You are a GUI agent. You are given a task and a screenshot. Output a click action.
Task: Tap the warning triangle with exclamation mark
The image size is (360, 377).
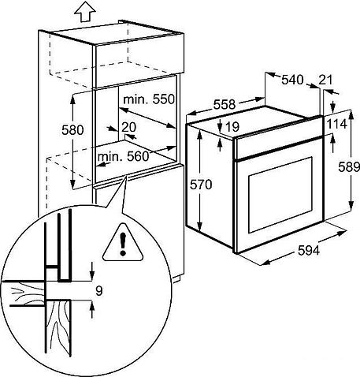(123, 244)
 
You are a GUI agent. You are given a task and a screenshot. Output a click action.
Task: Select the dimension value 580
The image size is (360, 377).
(72, 130)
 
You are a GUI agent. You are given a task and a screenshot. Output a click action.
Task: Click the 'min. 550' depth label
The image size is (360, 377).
(149, 99)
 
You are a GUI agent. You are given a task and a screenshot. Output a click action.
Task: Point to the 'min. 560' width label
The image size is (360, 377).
(123, 156)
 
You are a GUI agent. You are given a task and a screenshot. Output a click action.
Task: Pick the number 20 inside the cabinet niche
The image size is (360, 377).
(129, 127)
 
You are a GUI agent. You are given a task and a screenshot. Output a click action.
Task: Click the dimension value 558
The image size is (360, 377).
(225, 104)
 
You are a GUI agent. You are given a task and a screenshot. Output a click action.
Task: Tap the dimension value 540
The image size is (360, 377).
(292, 80)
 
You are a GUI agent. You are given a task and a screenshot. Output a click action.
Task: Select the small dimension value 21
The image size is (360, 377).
(325, 80)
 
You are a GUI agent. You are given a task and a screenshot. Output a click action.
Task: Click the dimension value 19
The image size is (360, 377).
(232, 127)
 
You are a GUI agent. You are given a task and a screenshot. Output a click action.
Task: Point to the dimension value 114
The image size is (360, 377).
(337, 124)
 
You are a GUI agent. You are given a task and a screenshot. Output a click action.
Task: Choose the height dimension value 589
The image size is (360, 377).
(349, 166)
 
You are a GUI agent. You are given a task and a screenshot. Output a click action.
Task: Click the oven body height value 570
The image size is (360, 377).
(201, 185)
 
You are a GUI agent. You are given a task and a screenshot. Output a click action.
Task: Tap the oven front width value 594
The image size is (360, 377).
(309, 251)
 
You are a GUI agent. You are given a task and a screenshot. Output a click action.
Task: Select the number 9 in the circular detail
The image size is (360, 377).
(99, 291)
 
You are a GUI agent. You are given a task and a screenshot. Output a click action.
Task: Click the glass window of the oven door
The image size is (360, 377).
(280, 195)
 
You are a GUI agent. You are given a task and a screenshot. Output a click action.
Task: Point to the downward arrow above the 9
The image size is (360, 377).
(92, 271)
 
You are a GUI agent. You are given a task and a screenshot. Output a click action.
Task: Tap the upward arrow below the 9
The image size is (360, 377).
(92, 310)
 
